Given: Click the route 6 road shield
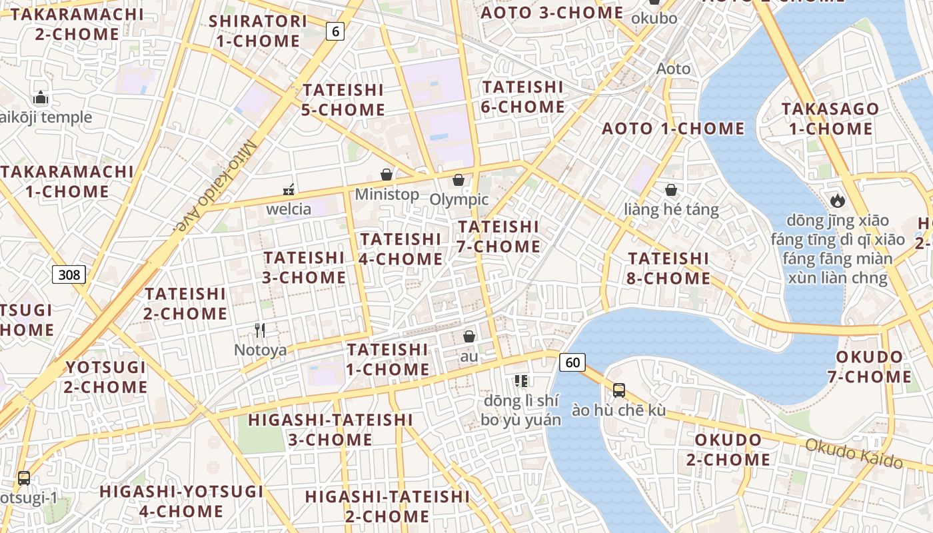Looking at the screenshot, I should (x=335, y=31).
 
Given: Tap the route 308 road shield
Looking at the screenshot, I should (x=69, y=274).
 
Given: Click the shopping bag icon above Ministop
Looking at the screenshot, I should (x=387, y=175).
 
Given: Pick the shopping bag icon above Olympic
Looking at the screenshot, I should (x=459, y=180).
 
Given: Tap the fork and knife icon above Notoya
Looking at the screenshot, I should (x=260, y=330).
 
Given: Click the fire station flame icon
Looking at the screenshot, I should (x=837, y=200).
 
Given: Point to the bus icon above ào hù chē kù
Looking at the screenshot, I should (x=619, y=390).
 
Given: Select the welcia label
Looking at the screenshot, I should (x=289, y=209).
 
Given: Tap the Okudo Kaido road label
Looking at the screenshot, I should (x=854, y=454).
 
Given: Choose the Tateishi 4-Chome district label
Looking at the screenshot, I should (x=401, y=249).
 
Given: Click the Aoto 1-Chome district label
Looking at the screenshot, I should (x=673, y=129).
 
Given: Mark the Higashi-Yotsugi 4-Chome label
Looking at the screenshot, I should (x=181, y=501).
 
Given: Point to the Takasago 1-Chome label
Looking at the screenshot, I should (x=830, y=119).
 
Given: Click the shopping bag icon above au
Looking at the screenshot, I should (x=469, y=336).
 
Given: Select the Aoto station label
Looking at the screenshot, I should (x=674, y=69).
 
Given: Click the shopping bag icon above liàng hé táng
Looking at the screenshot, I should (x=671, y=191).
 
